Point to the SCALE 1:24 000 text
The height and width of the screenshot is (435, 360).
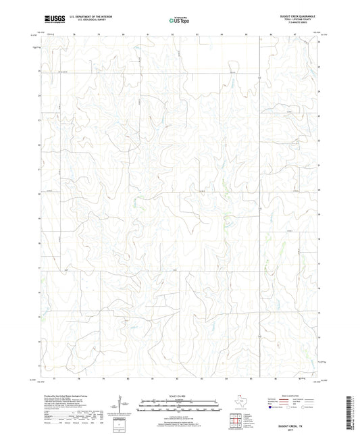pos(180,396)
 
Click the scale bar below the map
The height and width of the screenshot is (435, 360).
pos(180,407)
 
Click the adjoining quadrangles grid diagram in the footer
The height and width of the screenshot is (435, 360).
pos(235,422)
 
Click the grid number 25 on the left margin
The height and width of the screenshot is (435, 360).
pos(39,71)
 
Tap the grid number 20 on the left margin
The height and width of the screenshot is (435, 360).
pos(39,194)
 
